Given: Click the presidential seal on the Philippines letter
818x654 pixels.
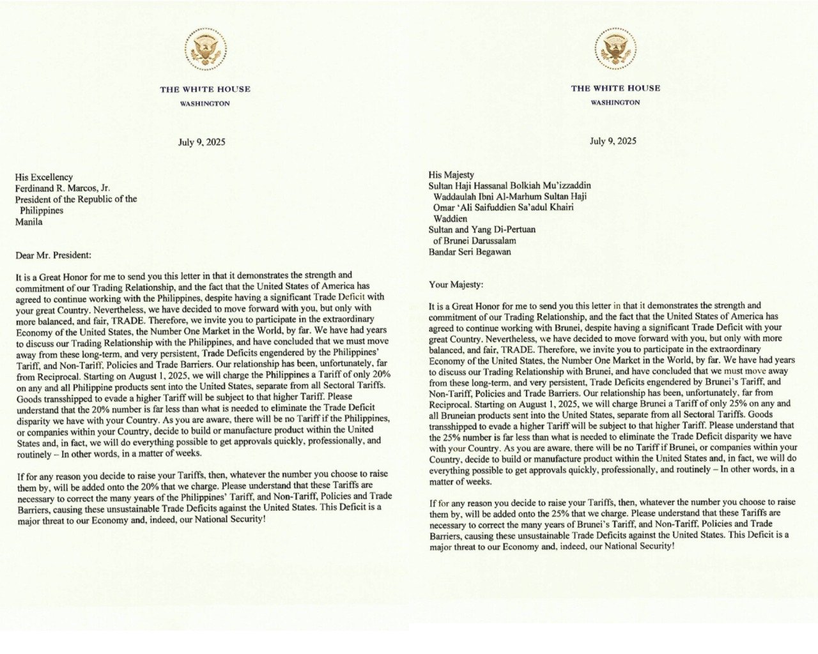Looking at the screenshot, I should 205,50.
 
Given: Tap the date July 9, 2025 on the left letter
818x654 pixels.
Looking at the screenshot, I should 201,142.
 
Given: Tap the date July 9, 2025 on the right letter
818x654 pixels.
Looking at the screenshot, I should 613,141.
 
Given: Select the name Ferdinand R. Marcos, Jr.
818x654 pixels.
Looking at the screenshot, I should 63,188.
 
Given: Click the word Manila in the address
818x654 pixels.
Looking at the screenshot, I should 29,222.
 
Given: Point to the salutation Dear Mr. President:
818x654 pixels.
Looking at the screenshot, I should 54,255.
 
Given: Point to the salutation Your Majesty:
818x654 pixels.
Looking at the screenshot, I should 456,284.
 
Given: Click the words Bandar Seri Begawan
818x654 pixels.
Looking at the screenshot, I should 470,251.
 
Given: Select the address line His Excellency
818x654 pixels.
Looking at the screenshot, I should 44,177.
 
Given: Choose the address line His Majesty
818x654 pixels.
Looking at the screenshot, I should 451,174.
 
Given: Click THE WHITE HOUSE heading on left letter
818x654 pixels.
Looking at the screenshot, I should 205,89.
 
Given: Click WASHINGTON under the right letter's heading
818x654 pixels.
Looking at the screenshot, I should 615,102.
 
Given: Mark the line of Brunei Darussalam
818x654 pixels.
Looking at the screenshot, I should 474,240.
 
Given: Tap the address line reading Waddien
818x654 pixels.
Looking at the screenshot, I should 451,218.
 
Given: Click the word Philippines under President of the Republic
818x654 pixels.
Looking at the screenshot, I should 42,210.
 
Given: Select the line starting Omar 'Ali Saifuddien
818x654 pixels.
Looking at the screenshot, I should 503,207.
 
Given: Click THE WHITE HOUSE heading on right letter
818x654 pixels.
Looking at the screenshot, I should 615,88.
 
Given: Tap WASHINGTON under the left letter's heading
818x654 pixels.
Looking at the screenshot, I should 205,103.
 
